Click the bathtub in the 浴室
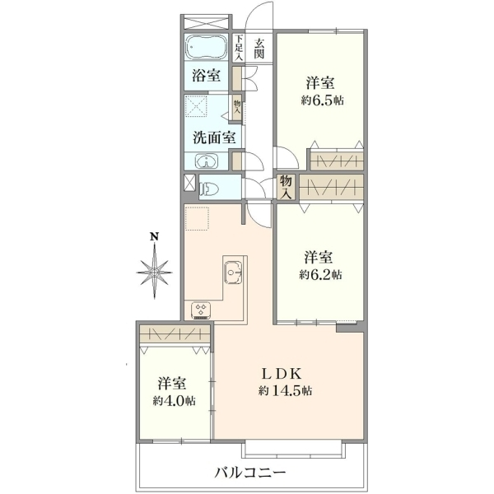[x=207, y=47]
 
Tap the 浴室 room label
[x=207, y=76]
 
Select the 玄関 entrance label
[x=259, y=49]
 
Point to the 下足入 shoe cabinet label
[x=239, y=48]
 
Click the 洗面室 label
[x=214, y=137]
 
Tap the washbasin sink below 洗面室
[x=207, y=161]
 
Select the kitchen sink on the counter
[x=233, y=273]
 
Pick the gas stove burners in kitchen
[x=201, y=310]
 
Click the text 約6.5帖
[x=322, y=100]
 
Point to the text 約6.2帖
[x=320, y=275]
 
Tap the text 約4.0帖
[x=175, y=401]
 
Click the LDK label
[x=282, y=374]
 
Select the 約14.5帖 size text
[x=286, y=391]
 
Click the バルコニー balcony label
[x=250, y=472]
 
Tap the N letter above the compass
[x=154, y=236]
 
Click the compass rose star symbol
[x=155, y=272]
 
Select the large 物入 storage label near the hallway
[x=286, y=187]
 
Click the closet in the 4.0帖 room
[x=175, y=334]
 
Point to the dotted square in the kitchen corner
[x=197, y=219]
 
